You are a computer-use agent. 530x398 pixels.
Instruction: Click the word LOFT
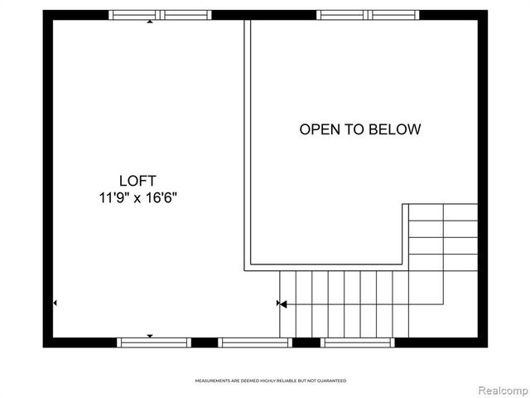coord(137,180)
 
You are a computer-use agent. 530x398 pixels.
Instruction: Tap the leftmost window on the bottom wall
coord(154,342)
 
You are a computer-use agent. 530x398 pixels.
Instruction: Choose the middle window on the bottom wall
coord(254,342)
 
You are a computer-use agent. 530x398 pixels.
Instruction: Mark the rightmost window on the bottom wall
coord(358,342)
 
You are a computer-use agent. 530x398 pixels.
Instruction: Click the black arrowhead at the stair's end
coord(282,304)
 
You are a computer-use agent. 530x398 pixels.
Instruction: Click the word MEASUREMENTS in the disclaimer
coord(214,381)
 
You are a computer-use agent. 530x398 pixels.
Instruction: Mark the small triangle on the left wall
coord(55,304)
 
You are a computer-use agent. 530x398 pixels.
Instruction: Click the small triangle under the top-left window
coord(149,22)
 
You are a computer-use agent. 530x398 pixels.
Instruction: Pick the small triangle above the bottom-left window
coord(149,335)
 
